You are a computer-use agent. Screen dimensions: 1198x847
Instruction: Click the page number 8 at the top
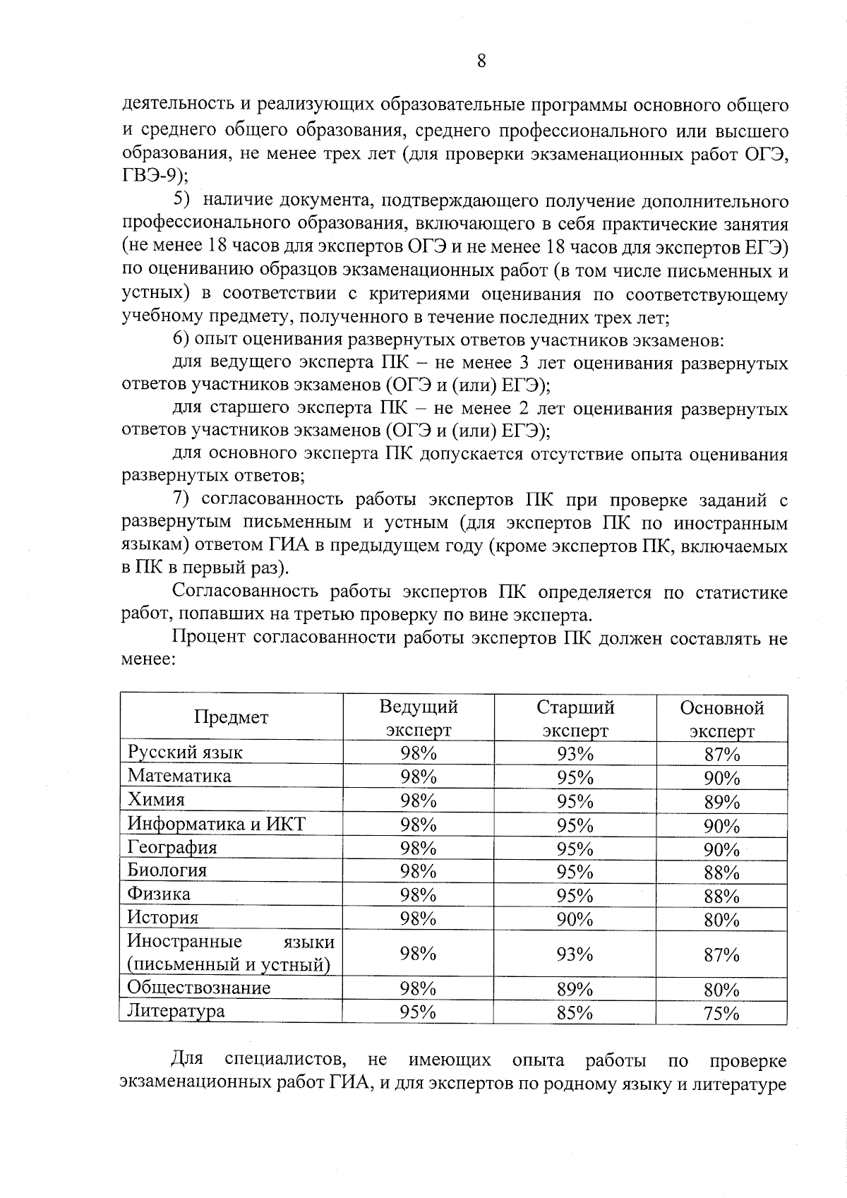481,61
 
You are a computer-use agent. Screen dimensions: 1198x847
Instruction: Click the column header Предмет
232,717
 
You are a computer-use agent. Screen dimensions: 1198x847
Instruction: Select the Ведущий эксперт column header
419,718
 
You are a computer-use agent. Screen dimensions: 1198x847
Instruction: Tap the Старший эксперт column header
575,718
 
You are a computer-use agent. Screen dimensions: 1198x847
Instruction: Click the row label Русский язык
185,753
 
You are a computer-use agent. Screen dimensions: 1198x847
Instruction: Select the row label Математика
179,776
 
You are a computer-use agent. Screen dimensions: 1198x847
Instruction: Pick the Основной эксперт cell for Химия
721,802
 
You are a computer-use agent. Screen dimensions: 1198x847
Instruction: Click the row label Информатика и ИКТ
216,824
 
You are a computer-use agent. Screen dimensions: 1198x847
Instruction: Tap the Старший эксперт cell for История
575,919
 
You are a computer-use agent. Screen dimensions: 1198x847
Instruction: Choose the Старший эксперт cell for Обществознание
575,989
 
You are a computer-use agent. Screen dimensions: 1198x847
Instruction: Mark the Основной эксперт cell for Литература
721,1014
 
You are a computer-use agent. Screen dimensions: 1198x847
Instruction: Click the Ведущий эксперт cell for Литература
419,1012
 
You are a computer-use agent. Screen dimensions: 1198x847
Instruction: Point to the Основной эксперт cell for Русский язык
721,755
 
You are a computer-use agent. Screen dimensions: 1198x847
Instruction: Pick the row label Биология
167,870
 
